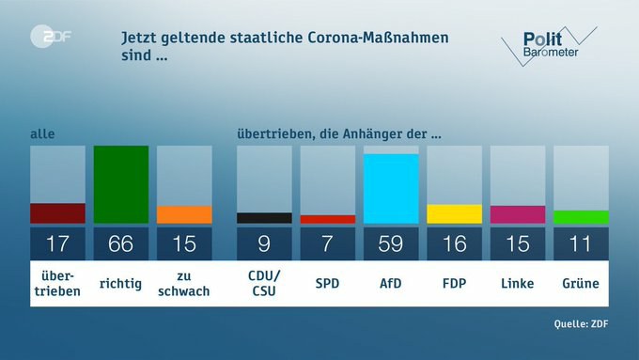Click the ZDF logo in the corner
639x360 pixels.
coord(51,37)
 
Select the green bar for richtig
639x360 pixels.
coord(121,184)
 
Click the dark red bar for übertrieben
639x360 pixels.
coord(57,213)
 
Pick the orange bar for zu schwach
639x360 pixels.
coord(184,214)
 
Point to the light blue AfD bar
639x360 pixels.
coord(391,188)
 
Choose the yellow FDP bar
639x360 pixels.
coord(455,213)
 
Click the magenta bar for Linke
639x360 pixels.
coord(518,214)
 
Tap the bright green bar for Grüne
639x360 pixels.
coord(581,217)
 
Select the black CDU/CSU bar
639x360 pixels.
coord(264,218)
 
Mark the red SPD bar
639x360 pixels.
coord(328,219)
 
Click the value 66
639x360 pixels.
coord(121,244)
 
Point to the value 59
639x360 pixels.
coord(391,244)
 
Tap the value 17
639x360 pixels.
coord(57,244)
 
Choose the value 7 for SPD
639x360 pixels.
coord(328,244)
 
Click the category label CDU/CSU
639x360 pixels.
coord(264,283)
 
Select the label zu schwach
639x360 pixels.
coord(184,283)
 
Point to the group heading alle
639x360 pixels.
coord(42,134)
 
